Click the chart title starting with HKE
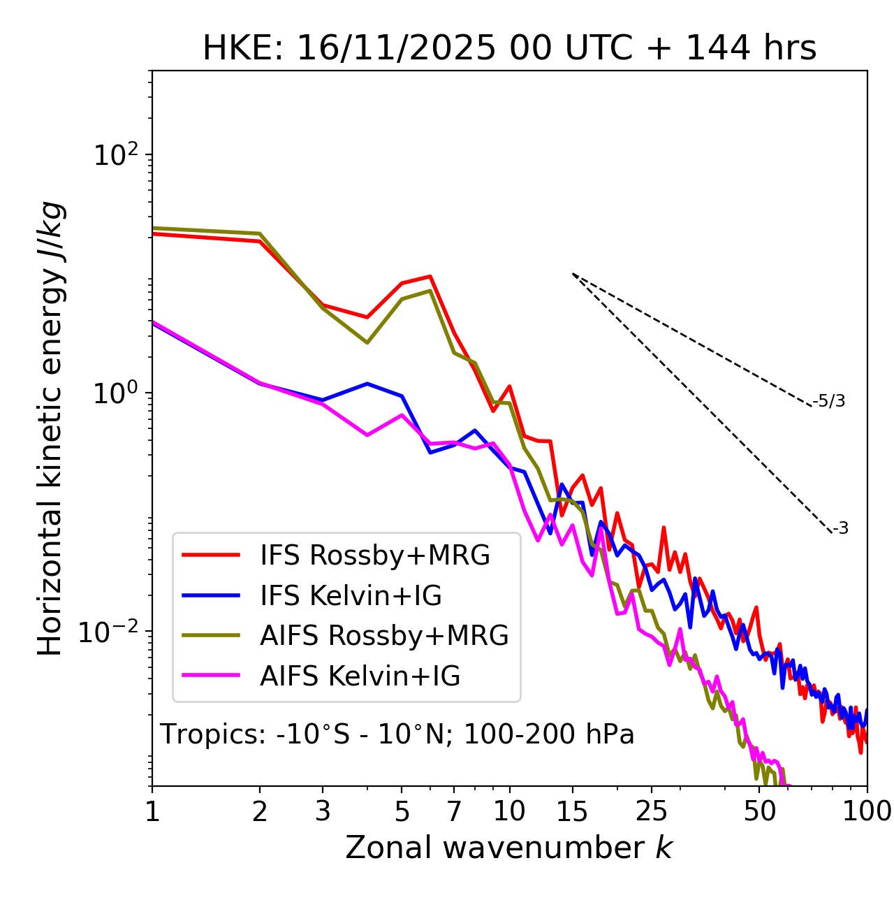[x=509, y=48]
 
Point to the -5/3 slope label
[x=829, y=401]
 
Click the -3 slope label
[x=840, y=528]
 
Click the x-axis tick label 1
[x=152, y=811]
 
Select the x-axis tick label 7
[x=454, y=811]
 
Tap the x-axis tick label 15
[x=573, y=811]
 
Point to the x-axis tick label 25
[x=652, y=811]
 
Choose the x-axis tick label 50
[x=760, y=811]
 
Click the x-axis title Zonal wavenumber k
[x=509, y=848]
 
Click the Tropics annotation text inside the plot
[x=397, y=734]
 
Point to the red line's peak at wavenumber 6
[x=430, y=276]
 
